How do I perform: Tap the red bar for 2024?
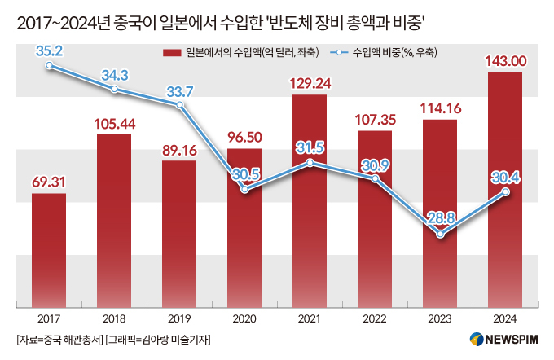[x=505, y=189]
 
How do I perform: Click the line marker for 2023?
[x=440, y=235]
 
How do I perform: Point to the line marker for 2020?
[x=244, y=189]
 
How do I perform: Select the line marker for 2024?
[x=505, y=192]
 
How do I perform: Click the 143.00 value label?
[x=505, y=59]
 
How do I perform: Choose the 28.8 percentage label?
[x=440, y=217]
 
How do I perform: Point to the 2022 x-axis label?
[x=375, y=318]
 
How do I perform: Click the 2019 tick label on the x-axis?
[x=179, y=318]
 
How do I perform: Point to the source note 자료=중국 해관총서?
[x=55, y=339]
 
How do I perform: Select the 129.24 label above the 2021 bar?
[x=310, y=82]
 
